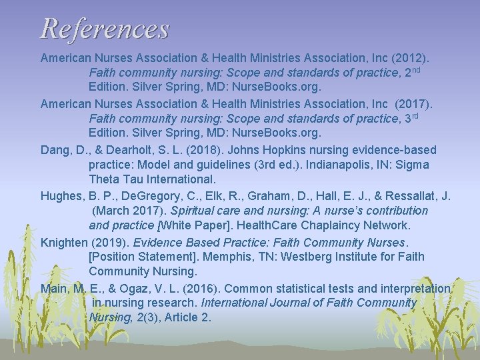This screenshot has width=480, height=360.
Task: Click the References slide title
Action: tap(105, 29)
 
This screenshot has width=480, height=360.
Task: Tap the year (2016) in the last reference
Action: tap(203, 287)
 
